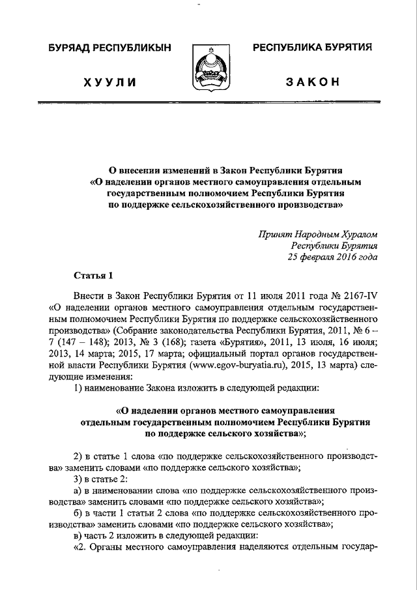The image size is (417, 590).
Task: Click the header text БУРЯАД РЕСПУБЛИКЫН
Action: [x=107, y=48]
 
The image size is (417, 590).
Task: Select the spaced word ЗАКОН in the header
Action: [x=312, y=81]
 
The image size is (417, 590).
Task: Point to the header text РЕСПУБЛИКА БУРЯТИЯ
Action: [x=312, y=48]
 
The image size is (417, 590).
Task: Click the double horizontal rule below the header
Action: [x=208, y=102]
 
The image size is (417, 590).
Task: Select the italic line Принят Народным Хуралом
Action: [x=317, y=233]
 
